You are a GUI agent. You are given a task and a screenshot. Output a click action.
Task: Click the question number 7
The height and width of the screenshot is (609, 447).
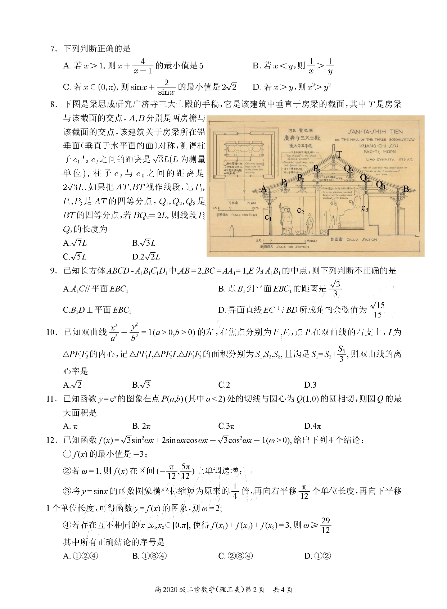[x=54, y=49]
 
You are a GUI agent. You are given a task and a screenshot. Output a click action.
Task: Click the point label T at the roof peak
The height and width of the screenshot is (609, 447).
[x=339, y=155]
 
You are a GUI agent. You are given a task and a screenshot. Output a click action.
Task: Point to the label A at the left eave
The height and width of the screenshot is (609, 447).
[x=264, y=189]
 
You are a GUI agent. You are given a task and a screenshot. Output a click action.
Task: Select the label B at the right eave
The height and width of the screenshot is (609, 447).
[x=406, y=189]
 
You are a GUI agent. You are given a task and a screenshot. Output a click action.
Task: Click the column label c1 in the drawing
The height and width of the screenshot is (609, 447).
[x=268, y=217]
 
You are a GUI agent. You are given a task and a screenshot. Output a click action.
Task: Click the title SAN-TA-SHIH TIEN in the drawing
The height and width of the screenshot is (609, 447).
[x=375, y=132]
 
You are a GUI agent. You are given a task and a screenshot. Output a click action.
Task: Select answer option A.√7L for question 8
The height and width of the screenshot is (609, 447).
[x=75, y=243]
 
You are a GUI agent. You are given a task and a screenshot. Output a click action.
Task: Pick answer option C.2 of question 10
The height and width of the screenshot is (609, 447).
[x=224, y=385]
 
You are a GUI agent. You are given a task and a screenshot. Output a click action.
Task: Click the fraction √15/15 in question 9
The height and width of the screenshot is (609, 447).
[x=378, y=310]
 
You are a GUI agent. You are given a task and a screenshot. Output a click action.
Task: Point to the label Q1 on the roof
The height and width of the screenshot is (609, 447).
[x=380, y=185]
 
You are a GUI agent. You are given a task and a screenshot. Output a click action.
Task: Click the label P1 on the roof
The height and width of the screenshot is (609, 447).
[x=284, y=182]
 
